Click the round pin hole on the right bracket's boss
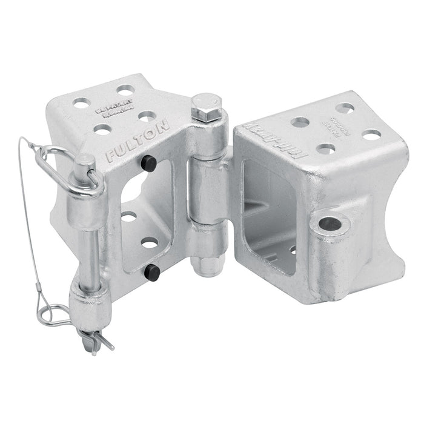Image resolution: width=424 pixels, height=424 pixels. click(x=331, y=225)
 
